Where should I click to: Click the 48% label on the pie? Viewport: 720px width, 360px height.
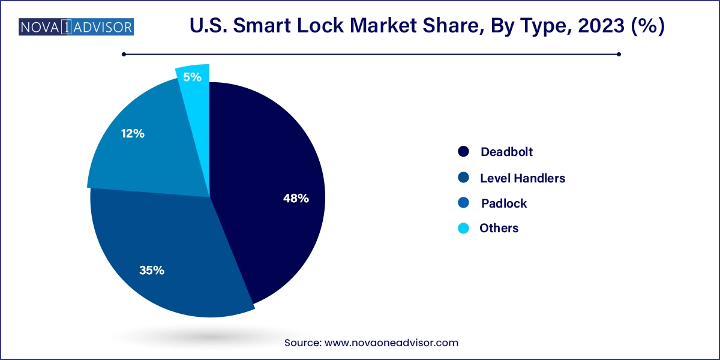pos(296,199)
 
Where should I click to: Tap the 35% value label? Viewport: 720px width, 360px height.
pos(152,271)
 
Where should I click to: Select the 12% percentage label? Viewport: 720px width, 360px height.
pos(132,134)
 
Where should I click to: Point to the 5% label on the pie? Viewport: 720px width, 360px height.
pos(193,77)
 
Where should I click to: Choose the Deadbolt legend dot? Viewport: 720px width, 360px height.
pos(463,152)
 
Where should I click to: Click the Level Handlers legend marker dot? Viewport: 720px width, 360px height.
pos(463,178)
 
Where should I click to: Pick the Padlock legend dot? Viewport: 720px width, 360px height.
pos(463,203)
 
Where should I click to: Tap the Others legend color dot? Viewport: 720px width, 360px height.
pos(463,229)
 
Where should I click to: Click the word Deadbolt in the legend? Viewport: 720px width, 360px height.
pos(506,152)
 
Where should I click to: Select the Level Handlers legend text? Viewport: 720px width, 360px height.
pos(523,178)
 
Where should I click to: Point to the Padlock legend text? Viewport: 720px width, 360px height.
pos(504,203)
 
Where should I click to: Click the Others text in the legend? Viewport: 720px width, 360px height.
pos(499,229)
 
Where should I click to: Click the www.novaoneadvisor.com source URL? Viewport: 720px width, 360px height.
pos(391,343)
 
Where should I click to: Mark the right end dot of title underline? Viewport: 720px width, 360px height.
pos(619,54)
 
